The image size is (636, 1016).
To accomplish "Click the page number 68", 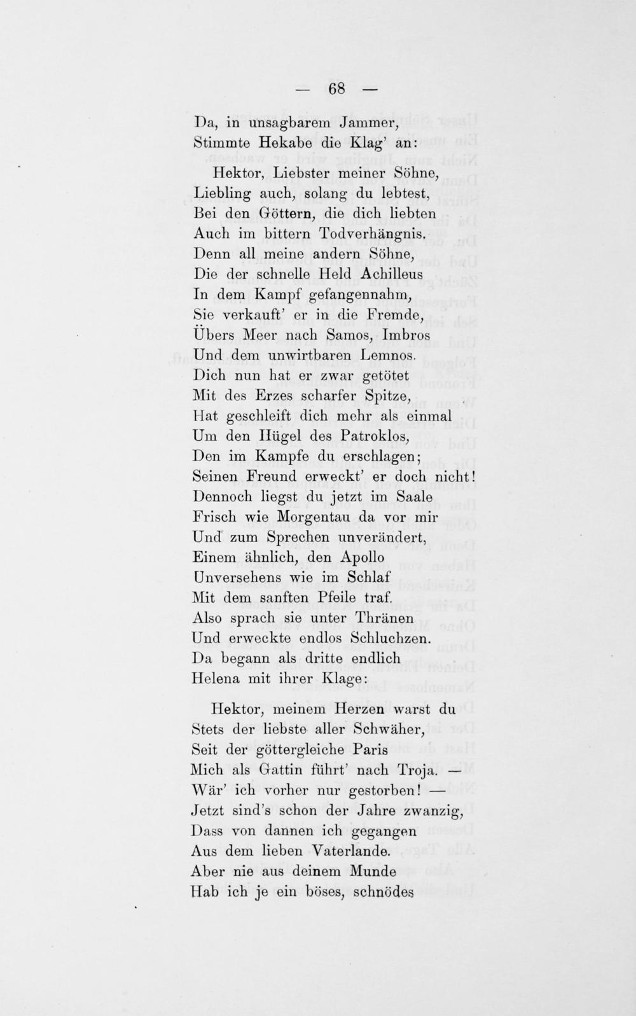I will [336, 89].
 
